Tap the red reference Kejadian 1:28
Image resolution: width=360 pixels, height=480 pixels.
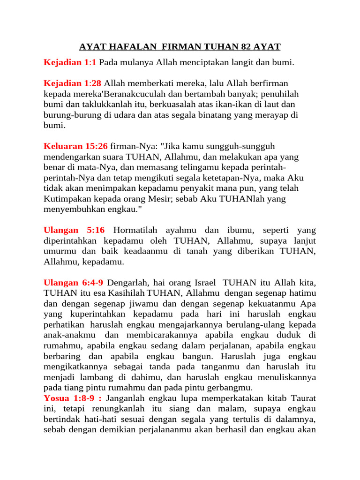click(x=73, y=83)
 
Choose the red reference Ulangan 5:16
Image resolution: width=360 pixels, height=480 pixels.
click(x=74, y=230)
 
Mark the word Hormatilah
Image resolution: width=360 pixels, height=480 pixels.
click(x=135, y=230)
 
